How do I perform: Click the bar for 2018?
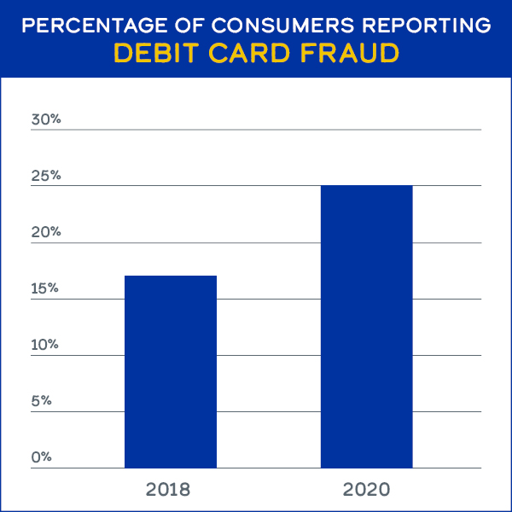171,371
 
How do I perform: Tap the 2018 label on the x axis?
168,490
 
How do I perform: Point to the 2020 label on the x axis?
366,490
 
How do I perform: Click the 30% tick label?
46,119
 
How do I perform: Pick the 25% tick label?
46,176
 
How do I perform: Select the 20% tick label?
46,232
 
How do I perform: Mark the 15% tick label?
46,288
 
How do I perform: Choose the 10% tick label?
46,345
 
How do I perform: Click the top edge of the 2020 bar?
366,186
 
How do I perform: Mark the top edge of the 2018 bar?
171,276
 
